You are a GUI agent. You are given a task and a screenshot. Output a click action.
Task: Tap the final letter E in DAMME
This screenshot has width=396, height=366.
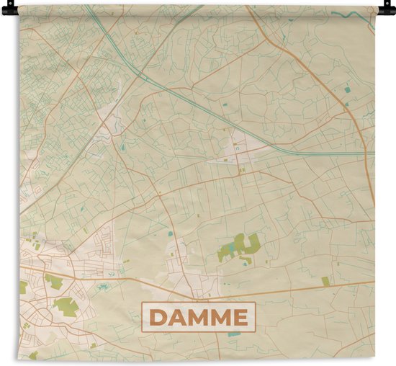pyautogui.click(x=240, y=318)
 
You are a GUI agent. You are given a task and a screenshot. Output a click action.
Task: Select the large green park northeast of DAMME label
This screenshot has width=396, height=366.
pyautogui.click(x=241, y=248)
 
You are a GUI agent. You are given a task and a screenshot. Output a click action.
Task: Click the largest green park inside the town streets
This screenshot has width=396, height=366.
pyautogui.click(x=64, y=306)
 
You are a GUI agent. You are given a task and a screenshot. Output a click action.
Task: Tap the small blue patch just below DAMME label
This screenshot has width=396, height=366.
pyautogui.click(x=235, y=334)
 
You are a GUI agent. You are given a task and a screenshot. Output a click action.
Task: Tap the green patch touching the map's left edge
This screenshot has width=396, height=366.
pyautogui.click(x=22, y=287)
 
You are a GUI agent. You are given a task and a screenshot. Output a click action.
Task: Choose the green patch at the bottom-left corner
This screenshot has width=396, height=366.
pyautogui.click(x=32, y=354)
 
